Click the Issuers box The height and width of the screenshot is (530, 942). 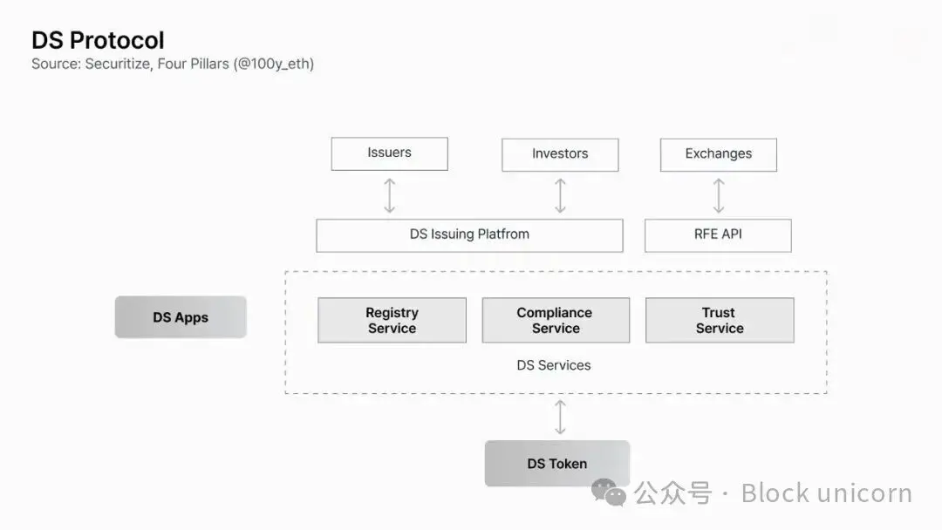(389, 153)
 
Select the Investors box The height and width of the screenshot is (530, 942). (560, 155)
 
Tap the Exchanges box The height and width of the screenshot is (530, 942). (719, 155)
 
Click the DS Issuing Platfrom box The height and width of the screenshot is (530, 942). (469, 235)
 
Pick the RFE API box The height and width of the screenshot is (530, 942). (718, 235)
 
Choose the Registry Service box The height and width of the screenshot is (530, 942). (392, 321)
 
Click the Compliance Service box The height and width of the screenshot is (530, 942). (556, 321)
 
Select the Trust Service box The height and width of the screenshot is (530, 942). (720, 321)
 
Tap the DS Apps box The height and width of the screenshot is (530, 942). (181, 317)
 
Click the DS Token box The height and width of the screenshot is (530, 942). (556, 464)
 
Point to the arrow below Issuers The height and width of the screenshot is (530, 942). (389, 195)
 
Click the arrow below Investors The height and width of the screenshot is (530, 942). (560, 195)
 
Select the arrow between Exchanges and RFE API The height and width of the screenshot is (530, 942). (719, 195)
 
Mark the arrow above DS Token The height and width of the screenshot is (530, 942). (560, 418)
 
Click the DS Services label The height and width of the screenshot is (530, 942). (554, 365)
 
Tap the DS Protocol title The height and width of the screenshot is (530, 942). (98, 40)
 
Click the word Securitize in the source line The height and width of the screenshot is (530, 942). (118, 64)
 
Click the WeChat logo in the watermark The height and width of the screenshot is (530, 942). (609, 493)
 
